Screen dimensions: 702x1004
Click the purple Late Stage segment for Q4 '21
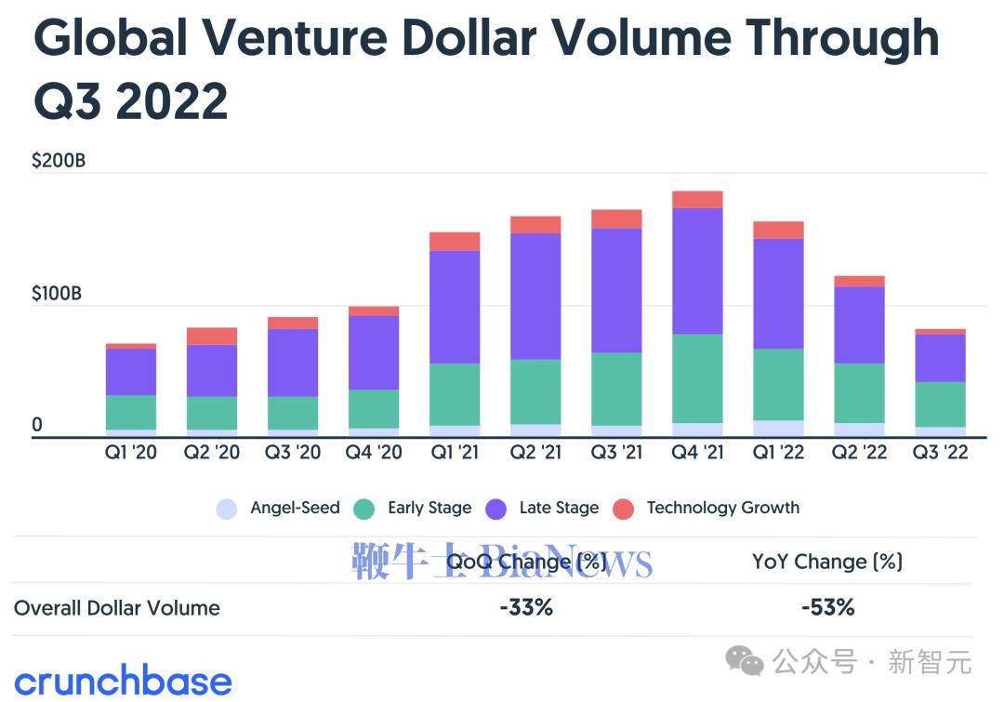coord(697,271)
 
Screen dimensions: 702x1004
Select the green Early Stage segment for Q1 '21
coord(455,394)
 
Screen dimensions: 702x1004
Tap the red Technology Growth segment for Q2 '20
coord(212,336)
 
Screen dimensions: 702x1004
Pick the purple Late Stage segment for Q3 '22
coord(940,358)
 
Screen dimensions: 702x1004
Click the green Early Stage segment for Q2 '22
coord(859,393)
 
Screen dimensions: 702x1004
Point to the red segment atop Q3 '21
coord(616,219)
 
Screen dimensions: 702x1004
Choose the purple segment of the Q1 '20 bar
coord(131,372)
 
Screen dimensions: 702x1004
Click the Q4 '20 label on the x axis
coord(374,453)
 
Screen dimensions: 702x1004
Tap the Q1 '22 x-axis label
coord(778,453)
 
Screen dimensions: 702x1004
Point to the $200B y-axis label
coord(59,161)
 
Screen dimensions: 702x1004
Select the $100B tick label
coord(58,294)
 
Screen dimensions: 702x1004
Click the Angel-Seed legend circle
coord(227,509)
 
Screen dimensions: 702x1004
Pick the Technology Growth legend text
coord(722,508)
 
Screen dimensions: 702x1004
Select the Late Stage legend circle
coord(496,509)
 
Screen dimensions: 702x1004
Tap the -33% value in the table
coord(526,608)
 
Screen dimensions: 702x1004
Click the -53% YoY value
coord(827,608)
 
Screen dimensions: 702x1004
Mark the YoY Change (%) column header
coord(827,562)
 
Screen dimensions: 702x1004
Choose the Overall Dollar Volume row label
coord(117,608)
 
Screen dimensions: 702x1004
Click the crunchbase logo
coord(123,681)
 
